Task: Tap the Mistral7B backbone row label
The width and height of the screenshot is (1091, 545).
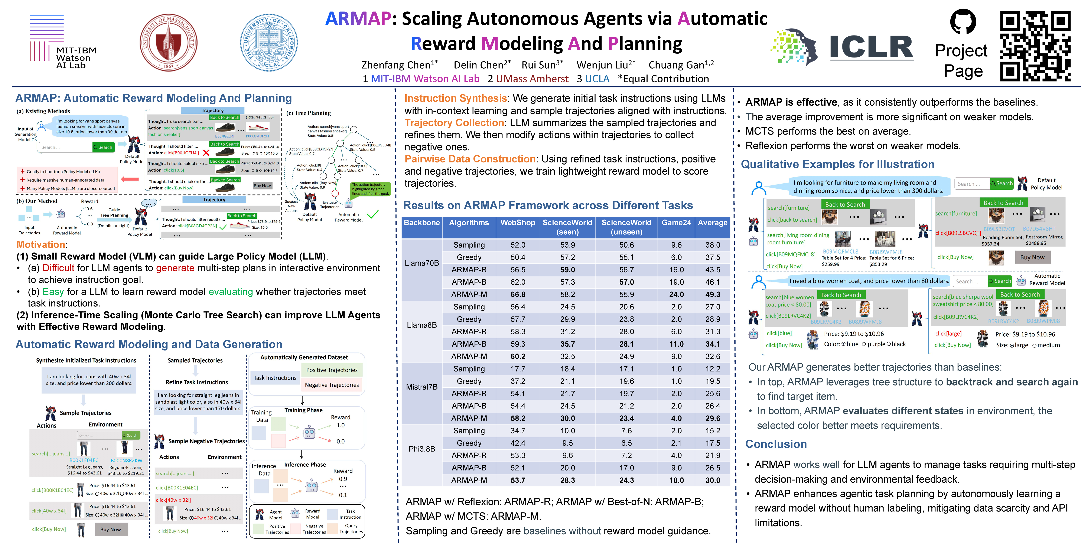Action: [x=421, y=387]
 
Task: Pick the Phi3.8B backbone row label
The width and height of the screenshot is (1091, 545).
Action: [x=421, y=449]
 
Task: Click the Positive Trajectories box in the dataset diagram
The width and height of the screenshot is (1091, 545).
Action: [x=332, y=370]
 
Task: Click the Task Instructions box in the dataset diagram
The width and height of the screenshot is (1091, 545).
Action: [x=275, y=378]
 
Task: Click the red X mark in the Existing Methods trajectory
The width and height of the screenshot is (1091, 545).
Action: [x=206, y=153]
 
